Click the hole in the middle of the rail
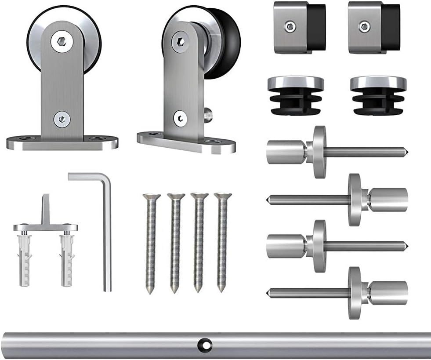tap(205, 344)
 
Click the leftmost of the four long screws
tap(151, 242)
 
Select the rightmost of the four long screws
tap(222, 242)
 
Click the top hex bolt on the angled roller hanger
tap(180, 41)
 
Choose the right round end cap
tap(378, 95)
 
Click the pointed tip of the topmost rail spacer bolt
tap(407, 152)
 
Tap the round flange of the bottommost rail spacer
tap(355, 293)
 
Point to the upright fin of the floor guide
tap(45, 209)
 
